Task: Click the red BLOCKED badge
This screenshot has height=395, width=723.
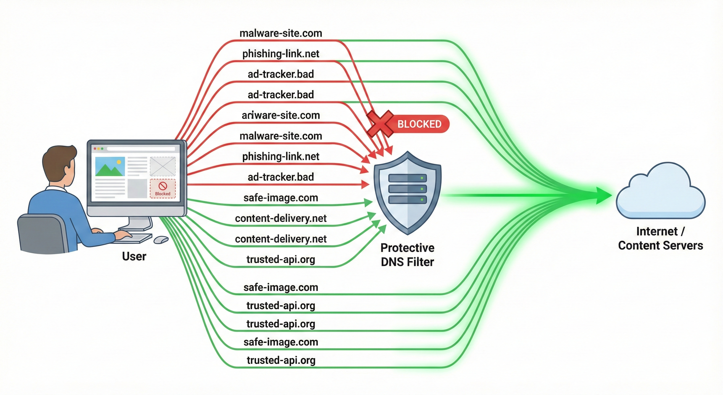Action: pos(419,124)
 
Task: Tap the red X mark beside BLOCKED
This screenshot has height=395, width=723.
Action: pos(380,124)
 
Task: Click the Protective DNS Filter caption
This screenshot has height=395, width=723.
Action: pos(407,255)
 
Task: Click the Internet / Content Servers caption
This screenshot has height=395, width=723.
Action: pos(660,238)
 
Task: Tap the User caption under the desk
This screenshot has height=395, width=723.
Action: pos(134,256)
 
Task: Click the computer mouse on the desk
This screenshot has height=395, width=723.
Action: pos(161,239)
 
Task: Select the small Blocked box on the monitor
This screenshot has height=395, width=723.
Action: pos(163,188)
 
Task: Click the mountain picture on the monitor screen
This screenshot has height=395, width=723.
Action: pos(110,166)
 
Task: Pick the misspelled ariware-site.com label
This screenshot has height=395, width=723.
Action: pos(281,115)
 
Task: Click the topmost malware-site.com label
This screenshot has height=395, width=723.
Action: pos(281,33)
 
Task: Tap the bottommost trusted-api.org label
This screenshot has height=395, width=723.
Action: pos(281,360)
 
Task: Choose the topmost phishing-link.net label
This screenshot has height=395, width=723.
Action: pos(281,54)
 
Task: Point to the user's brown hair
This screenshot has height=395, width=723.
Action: pos(58,160)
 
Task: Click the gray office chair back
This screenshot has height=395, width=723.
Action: pos(42,233)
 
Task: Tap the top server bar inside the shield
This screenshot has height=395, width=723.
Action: pos(407,178)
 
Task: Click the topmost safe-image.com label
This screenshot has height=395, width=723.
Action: pos(281,198)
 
